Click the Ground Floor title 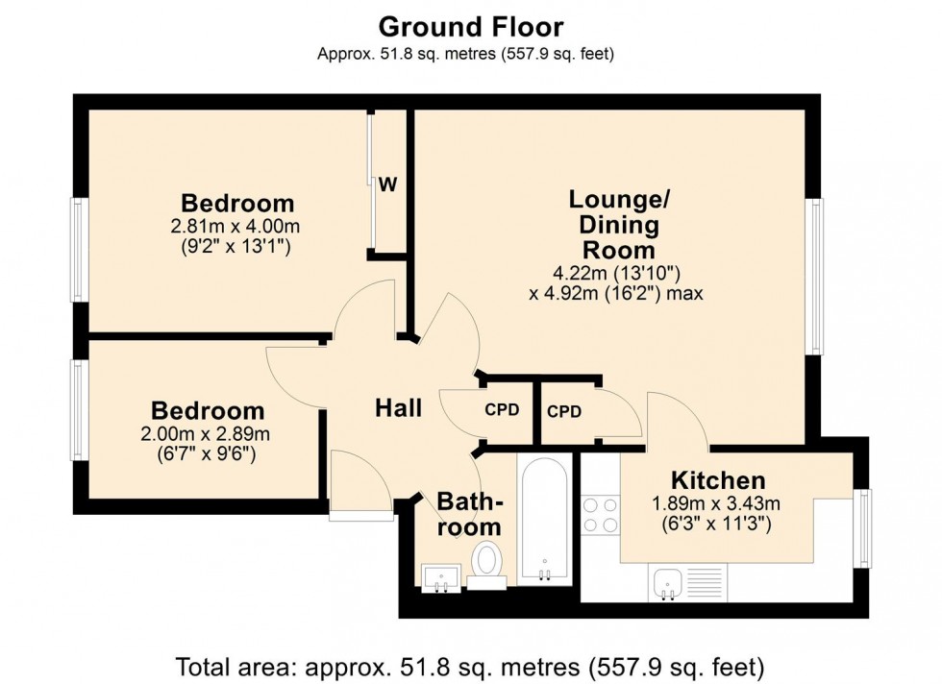click(x=470, y=26)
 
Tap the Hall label click(x=398, y=408)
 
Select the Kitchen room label click(x=717, y=480)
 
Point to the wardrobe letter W click(x=387, y=185)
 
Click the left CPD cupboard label click(x=502, y=409)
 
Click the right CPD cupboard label click(x=564, y=411)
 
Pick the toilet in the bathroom click(x=487, y=562)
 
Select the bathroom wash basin click(x=441, y=575)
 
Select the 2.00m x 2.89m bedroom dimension click(x=205, y=433)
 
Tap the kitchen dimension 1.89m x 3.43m click(x=717, y=502)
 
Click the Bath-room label click(x=469, y=514)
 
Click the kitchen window click(x=863, y=528)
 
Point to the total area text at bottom click(x=470, y=665)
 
